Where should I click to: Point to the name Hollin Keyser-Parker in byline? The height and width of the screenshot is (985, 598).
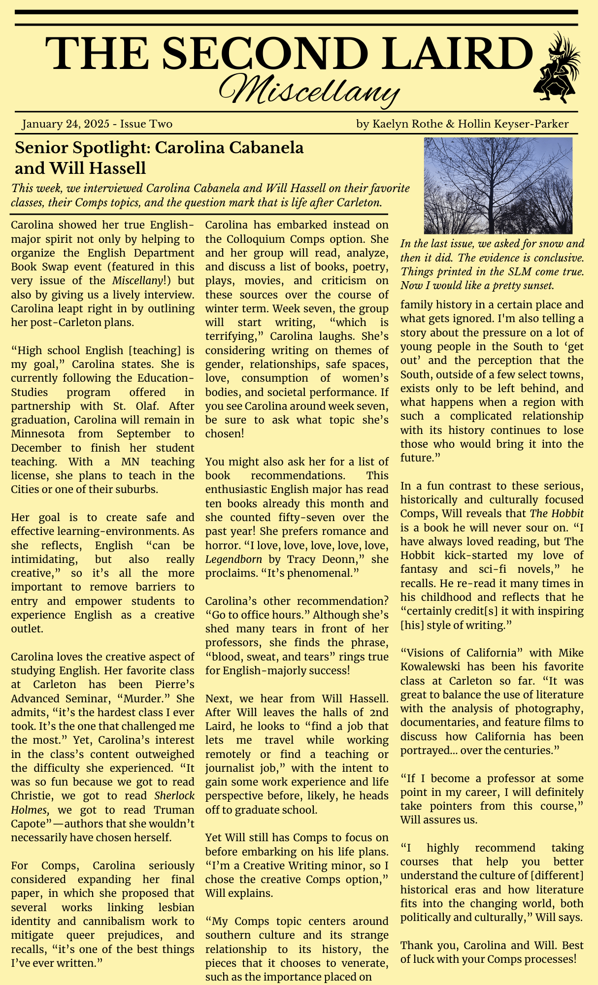click(513, 124)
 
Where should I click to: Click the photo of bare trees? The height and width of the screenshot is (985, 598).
click(498, 186)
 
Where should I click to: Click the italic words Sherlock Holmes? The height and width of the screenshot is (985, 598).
click(174, 796)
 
